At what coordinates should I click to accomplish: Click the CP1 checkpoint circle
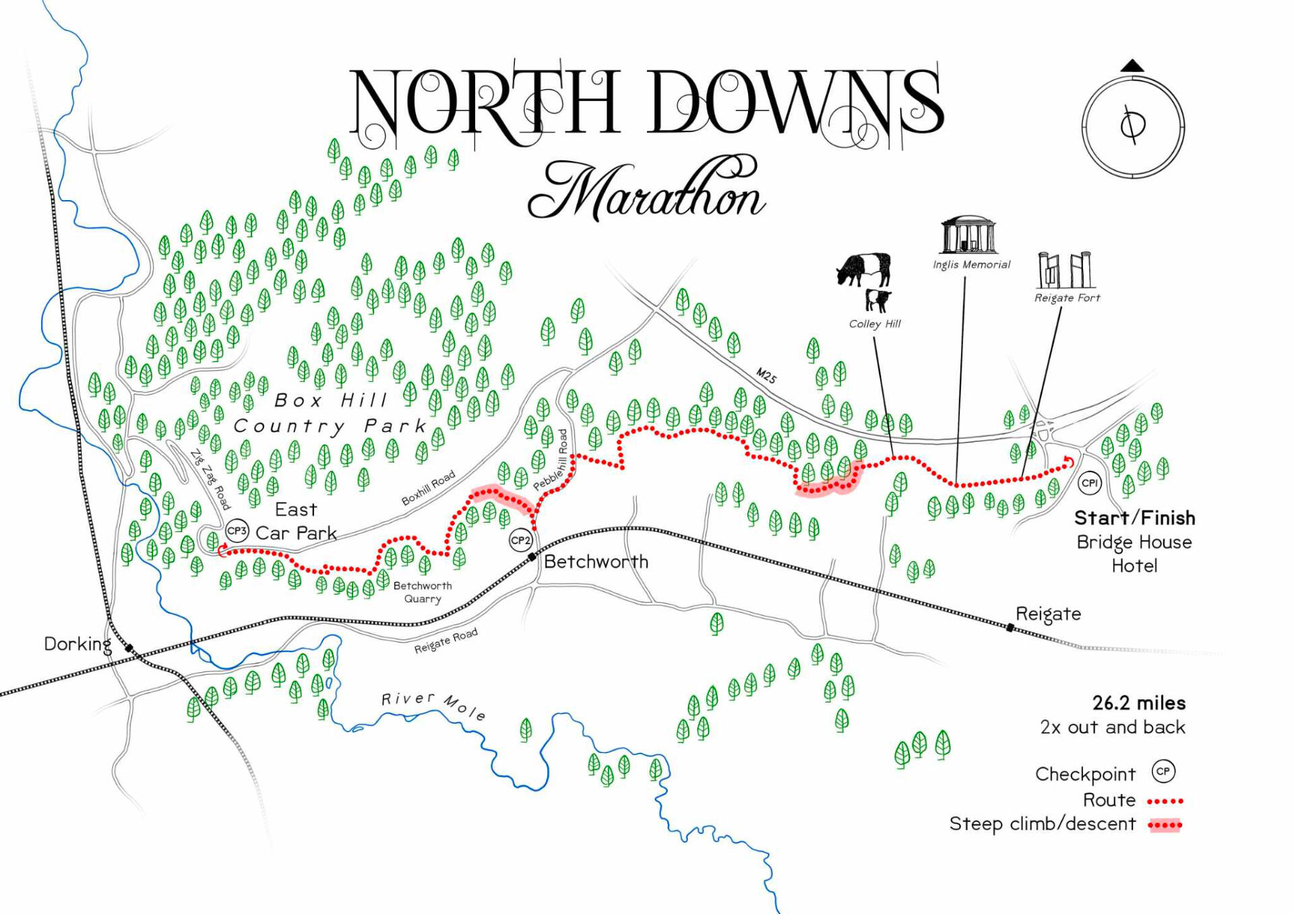click(x=1089, y=482)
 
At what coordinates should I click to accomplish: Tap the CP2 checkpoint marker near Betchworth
click(x=520, y=540)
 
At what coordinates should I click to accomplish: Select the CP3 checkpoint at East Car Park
click(x=237, y=531)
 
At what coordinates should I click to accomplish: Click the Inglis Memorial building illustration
click(x=969, y=235)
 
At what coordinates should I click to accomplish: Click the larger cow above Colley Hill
click(x=864, y=269)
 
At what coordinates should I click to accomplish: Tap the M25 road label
click(x=766, y=376)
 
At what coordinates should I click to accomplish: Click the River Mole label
click(x=433, y=705)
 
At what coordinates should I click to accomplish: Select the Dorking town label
click(x=78, y=644)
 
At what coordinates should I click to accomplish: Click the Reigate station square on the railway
click(x=1010, y=628)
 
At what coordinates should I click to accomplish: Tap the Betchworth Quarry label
click(x=423, y=592)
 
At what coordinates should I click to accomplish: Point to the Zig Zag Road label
click(x=210, y=479)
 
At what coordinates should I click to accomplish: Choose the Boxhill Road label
click(x=428, y=488)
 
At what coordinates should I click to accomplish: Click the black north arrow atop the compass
click(x=1132, y=66)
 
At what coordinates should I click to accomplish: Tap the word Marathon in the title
click(x=646, y=190)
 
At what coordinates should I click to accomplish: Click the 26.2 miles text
click(x=1138, y=703)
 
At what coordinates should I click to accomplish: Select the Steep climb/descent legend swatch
click(x=1165, y=824)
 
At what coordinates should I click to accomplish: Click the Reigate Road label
click(x=445, y=641)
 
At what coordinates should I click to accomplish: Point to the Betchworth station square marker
click(x=532, y=556)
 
